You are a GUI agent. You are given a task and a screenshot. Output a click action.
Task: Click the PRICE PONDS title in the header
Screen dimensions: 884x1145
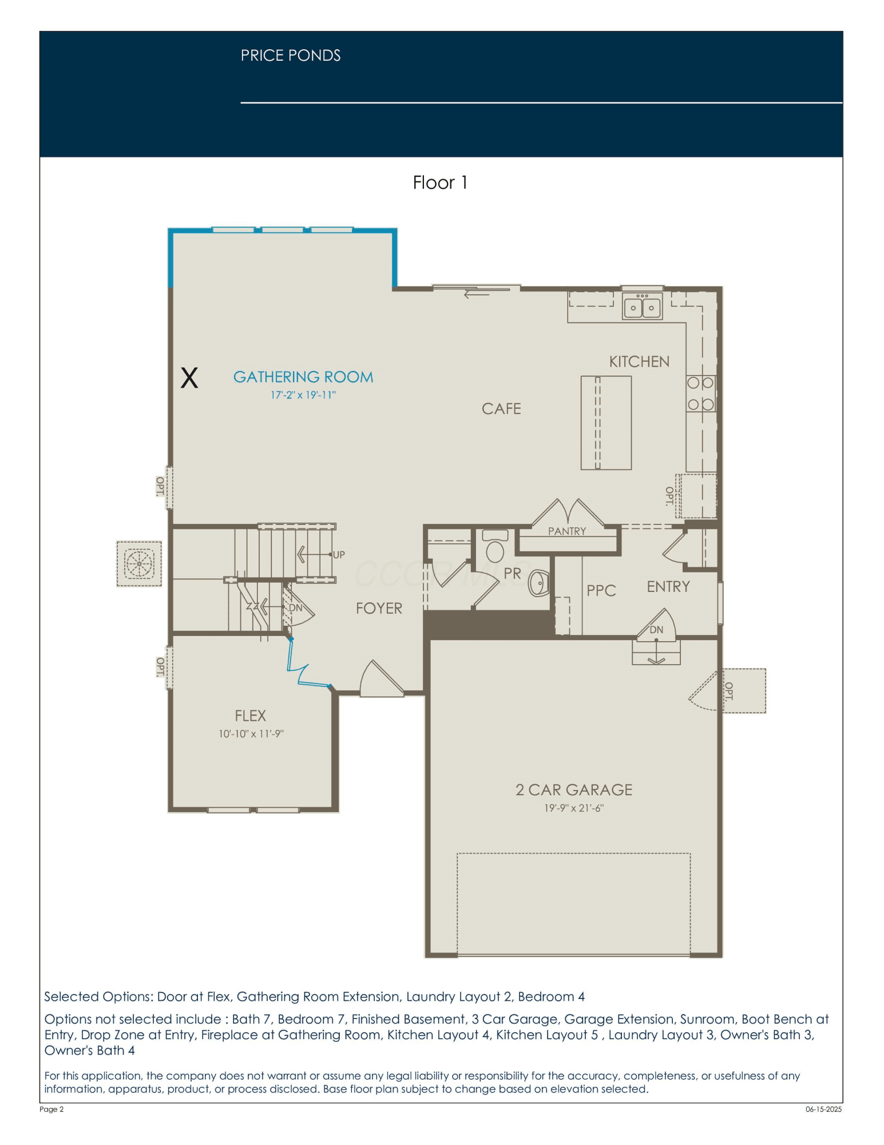[x=291, y=56]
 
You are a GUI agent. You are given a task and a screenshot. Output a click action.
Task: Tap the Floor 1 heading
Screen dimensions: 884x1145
[x=441, y=183]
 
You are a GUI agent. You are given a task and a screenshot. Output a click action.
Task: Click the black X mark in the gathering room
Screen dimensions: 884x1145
[x=189, y=378]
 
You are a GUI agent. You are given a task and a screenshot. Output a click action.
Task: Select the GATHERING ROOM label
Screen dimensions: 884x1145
[x=303, y=377]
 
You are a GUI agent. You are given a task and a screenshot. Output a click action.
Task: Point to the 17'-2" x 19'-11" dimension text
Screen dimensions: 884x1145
[x=303, y=395]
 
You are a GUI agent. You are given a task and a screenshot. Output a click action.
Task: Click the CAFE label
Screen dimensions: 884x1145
[x=501, y=409]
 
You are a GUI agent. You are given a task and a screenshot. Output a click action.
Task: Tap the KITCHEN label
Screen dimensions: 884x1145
[x=639, y=362]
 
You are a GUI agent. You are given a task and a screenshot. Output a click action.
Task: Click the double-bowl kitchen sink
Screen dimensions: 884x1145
[x=642, y=306]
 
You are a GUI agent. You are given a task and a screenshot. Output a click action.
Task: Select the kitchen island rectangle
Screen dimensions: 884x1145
[x=606, y=423]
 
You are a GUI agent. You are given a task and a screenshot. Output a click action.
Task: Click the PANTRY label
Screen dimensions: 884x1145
[x=567, y=531]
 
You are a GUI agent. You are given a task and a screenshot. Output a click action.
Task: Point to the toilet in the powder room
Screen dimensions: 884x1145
[x=495, y=546]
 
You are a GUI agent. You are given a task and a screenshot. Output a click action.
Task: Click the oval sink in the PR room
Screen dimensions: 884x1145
[x=538, y=583]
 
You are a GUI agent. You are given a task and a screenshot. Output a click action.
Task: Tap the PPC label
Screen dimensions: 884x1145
[x=601, y=591]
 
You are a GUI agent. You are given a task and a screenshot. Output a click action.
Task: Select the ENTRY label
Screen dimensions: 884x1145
[x=668, y=587]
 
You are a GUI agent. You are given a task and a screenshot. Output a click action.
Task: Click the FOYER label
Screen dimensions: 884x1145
[x=379, y=608]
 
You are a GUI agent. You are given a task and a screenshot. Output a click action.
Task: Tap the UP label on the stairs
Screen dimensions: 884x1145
[x=339, y=555]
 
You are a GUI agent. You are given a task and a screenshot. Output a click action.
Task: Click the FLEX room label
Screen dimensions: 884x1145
[x=251, y=716]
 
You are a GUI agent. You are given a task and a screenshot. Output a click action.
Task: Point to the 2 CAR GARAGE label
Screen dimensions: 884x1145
[x=574, y=790]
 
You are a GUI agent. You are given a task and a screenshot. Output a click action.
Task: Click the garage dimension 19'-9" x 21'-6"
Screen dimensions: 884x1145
[x=574, y=808]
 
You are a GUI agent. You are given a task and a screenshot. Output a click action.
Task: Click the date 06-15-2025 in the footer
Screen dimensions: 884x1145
[x=824, y=1109]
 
